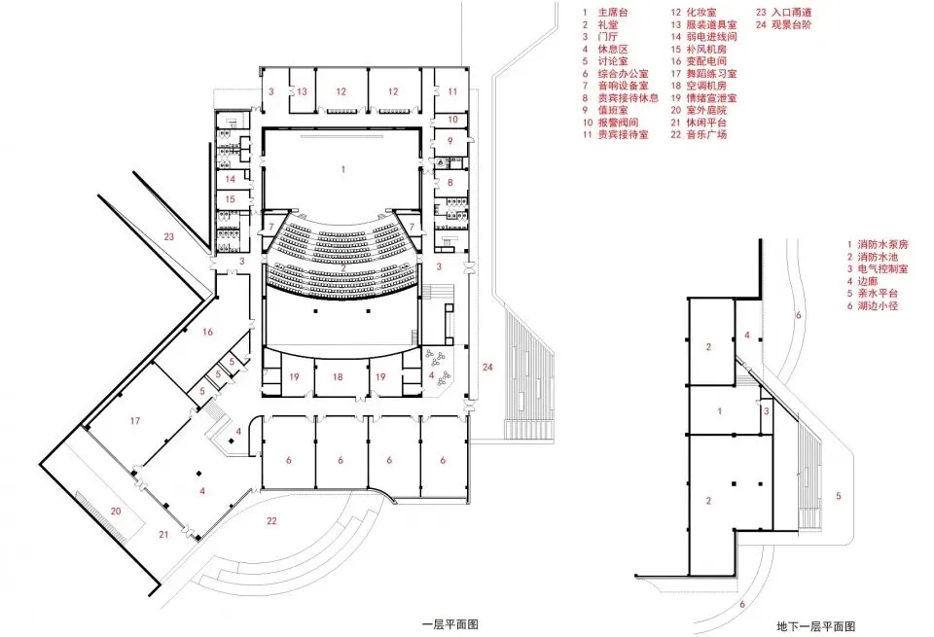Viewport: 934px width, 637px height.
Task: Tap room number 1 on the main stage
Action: point(342,169)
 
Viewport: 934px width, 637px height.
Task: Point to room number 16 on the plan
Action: point(206,333)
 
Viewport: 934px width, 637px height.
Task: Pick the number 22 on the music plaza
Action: point(271,521)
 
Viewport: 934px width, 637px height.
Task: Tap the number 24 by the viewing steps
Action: point(487,367)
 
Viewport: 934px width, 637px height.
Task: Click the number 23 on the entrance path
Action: point(168,237)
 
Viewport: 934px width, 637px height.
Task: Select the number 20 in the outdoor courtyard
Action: point(115,511)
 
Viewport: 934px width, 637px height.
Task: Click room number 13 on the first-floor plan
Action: point(303,90)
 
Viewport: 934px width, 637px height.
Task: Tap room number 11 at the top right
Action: point(452,90)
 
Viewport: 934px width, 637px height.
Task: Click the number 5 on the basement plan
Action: point(839,497)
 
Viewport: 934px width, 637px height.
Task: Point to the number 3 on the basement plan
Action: point(767,411)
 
